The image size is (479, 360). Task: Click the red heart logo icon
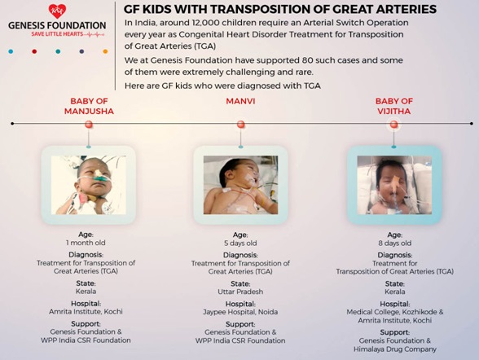pos(57,11)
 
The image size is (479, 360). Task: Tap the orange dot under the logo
pos(105,51)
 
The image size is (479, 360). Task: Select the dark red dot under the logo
pos(34,51)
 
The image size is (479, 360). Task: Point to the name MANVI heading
pos(240,101)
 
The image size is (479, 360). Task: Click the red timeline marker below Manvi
pos(241,125)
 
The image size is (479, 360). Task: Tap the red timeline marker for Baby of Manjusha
pos(89,125)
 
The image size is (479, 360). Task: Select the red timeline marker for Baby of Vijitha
pos(393,125)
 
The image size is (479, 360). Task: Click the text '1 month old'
pos(86,243)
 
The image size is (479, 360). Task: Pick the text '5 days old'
pos(240,244)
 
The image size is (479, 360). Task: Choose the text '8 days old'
pos(394,244)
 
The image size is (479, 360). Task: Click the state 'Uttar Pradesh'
pos(240,292)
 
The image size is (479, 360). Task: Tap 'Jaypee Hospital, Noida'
pos(240,312)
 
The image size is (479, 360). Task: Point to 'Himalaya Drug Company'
pos(394,349)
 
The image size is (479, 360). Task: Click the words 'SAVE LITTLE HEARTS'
pos(57,34)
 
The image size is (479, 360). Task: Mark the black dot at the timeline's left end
pos(12,124)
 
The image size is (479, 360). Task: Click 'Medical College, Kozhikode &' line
pos(394,312)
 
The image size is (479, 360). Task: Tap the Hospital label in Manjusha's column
pos(86,304)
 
